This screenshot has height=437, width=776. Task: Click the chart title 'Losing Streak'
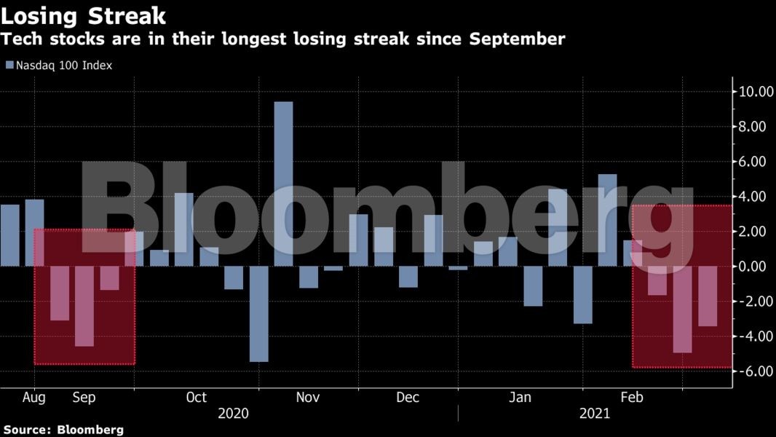[83, 16]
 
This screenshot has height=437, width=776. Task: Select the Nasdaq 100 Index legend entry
[59, 66]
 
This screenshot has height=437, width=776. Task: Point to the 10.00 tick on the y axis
[753, 92]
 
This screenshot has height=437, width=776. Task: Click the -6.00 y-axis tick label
[753, 371]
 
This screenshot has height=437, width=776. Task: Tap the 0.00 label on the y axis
[753, 267]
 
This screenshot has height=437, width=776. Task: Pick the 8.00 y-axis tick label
[753, 127]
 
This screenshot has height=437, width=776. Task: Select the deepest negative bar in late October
[258, 313]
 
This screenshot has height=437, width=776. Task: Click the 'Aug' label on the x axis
[34, 398]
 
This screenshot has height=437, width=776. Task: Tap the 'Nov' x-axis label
[308, 398]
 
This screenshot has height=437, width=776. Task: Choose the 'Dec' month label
[408, 398]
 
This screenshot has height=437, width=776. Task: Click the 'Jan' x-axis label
[520, 398]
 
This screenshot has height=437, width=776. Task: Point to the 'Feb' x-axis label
[631, 398]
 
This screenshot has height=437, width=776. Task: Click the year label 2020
[233, 414]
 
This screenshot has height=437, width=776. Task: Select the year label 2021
[595, 414]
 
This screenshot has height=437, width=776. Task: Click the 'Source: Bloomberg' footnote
[63, 430]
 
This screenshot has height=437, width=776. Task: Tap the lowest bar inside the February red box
[682, 310]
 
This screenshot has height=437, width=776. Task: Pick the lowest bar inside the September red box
[84, 306]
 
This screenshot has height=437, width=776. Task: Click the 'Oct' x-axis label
[196, 398]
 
